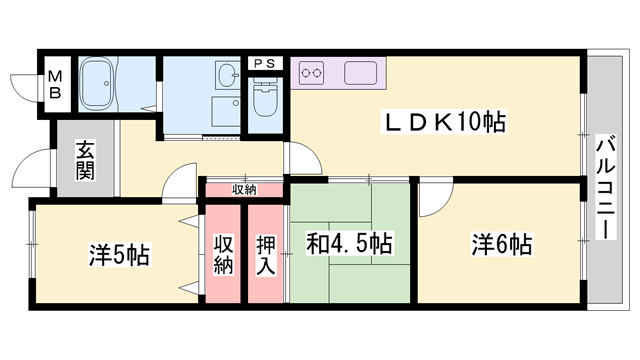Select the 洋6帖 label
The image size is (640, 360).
(x=501, y=243)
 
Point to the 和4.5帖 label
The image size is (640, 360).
(x=348, y=243)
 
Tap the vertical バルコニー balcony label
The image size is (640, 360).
(x=604, y=185)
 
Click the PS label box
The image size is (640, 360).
(x=265, y=63)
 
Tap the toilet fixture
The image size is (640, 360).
(x=266, y=101)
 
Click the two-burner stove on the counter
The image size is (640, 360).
(x=312, y=72)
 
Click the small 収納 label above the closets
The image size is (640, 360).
(x=244, y=189)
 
